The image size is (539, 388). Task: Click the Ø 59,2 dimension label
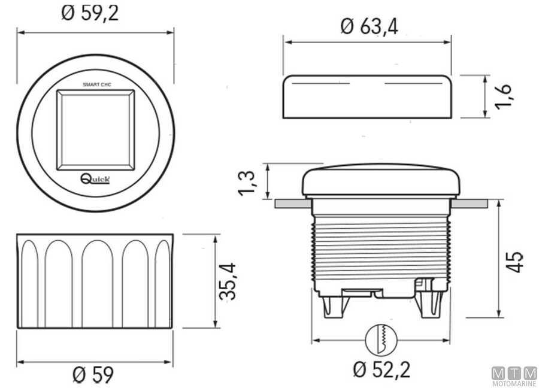[x=90, y=13]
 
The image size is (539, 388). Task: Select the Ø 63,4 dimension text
[x=369, y=26]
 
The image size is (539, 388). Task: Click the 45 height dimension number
[x=514, y=261]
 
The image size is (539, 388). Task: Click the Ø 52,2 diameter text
[x=381, y=369]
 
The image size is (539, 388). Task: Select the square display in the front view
[x=95, y=129]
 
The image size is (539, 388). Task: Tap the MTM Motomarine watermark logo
[x=514, y=376]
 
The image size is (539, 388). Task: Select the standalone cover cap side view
[x=367, y=96]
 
